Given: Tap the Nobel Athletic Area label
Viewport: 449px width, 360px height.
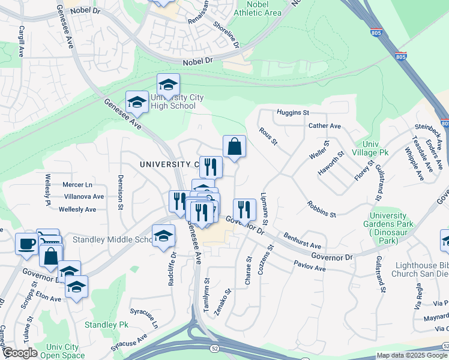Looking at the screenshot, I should pyautogui.click(x=257, y=8).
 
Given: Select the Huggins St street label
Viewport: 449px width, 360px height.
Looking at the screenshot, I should pyautogui.click(x=292, y=112).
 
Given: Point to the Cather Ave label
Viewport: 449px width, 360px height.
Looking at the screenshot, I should pyautogui.click(x=324, y=126).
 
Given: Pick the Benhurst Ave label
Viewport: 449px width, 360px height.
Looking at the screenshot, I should pyautogui.click(x=303, y=241).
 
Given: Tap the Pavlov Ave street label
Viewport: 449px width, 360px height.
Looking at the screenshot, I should pyautogui.click(x=309, y=266).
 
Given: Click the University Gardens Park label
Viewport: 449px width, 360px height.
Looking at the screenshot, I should pyautogui.click(x=392, y=228).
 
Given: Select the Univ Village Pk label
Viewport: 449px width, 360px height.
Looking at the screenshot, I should pyautogui.click(x=375, y=148).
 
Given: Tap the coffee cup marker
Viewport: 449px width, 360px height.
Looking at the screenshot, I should pyautogui.click(x=26, y=244).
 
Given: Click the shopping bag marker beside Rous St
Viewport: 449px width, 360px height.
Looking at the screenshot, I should pyautogui.click(x=234, y=146).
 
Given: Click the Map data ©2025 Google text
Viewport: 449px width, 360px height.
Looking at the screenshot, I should pyautogui.click(x=412, y=355).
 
